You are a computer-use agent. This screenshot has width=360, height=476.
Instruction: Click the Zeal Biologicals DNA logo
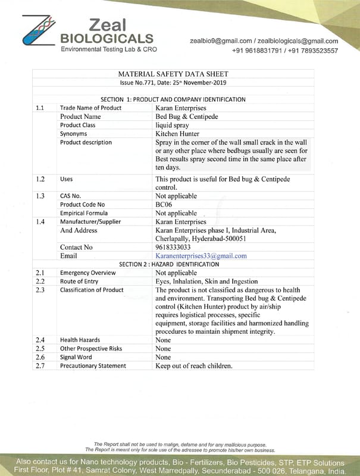click(39, 31)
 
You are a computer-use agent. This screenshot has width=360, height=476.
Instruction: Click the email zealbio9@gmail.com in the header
click(221, 41)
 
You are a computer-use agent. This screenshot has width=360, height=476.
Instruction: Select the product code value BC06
click(163, 204)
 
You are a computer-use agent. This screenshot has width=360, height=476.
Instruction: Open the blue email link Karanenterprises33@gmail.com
click(201, 255)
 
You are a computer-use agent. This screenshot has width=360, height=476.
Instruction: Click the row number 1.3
click(40, 196)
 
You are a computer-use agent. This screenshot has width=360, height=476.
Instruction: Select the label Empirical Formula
click(84, 213)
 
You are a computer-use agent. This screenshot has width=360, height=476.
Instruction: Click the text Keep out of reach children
click(193, 366)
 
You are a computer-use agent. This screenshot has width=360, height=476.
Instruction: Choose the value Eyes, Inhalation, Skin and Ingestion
click(206, 281)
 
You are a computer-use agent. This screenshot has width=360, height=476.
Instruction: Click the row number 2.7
click(40, 366)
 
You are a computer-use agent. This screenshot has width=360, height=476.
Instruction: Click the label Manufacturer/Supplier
click(90, 221)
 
